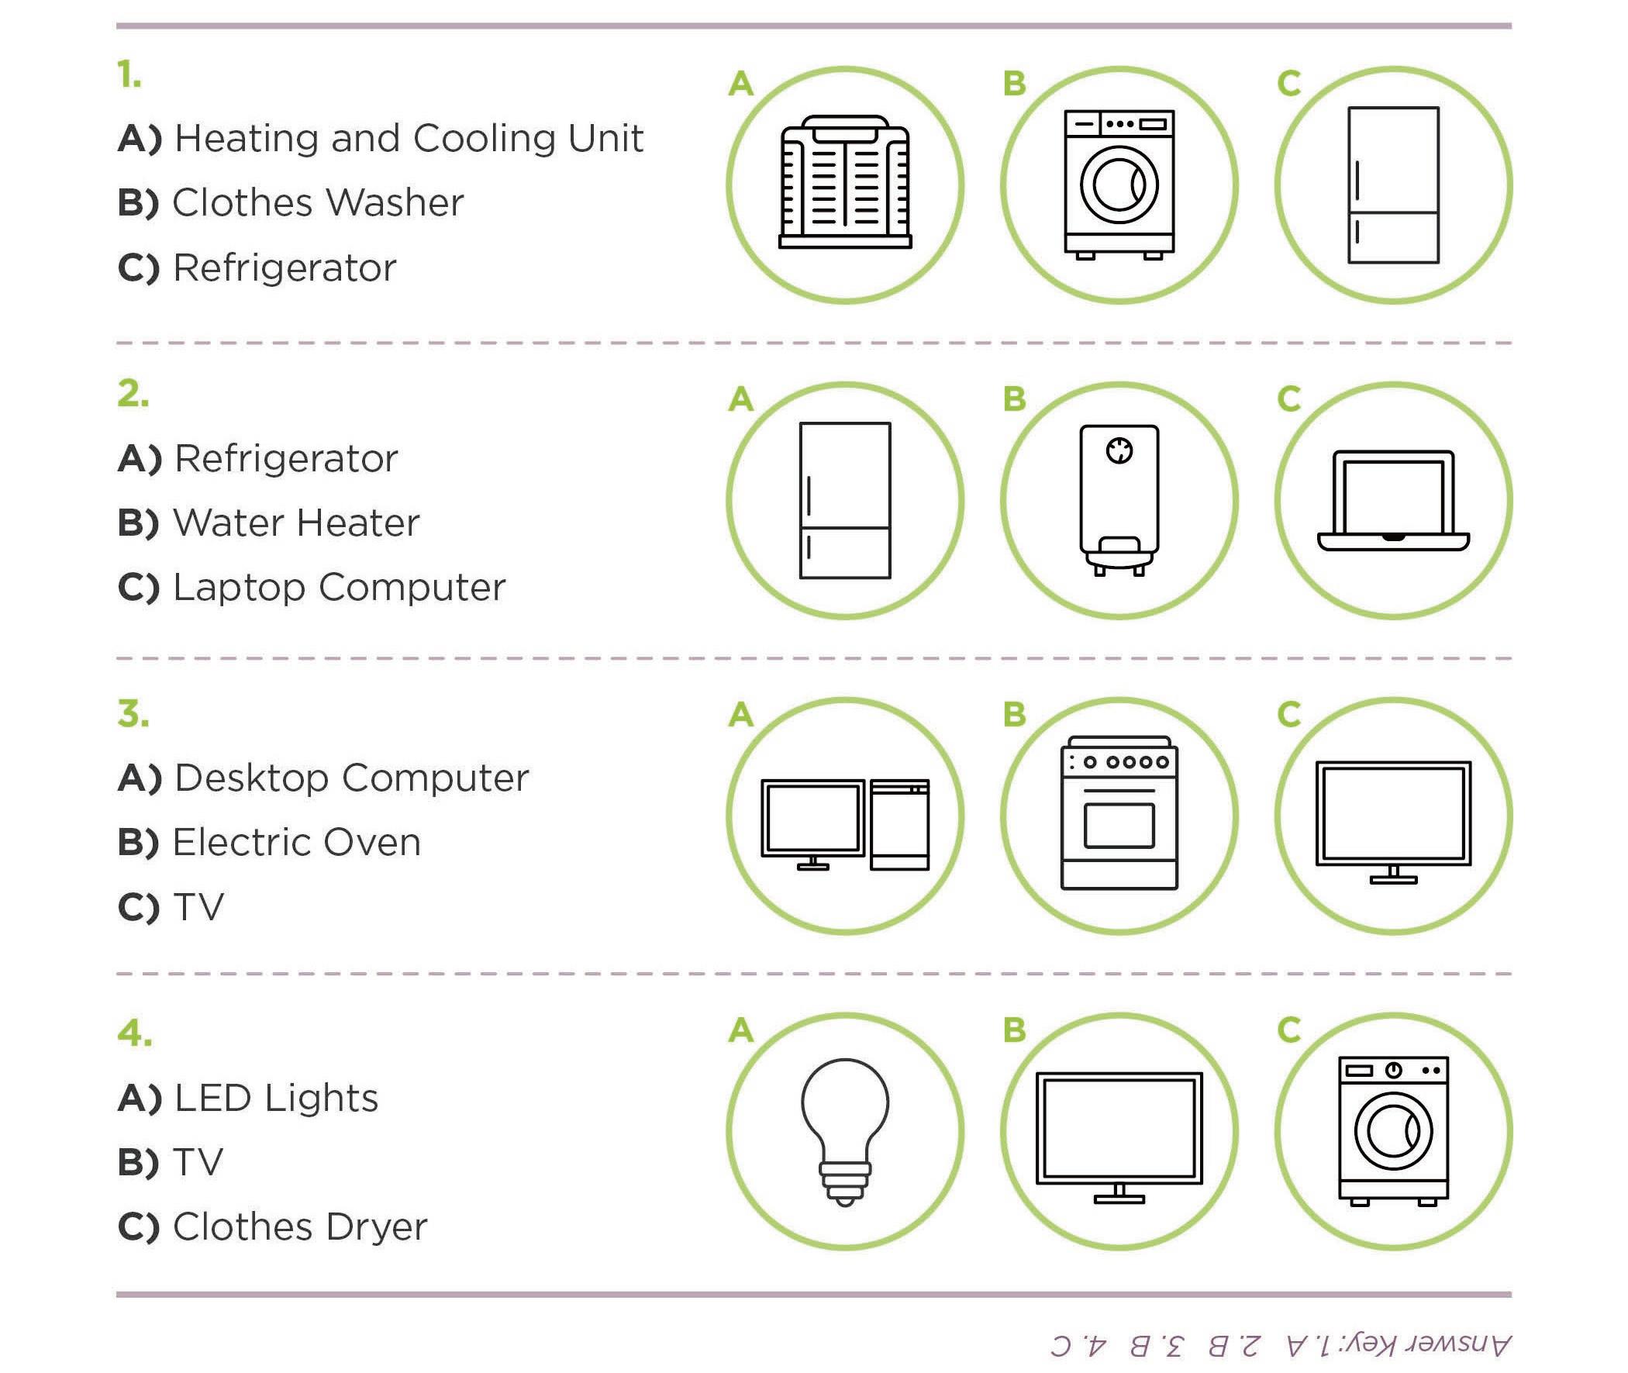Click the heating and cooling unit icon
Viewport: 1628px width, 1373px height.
pos(845,182)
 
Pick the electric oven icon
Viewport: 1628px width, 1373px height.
pos(1119,812)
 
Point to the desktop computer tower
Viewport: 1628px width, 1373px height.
pos(899,824)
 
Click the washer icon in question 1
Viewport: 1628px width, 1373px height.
pos(1119,184)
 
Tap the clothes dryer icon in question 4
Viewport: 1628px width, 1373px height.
pos(1393,1130)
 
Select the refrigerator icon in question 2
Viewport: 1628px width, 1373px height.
pos(845,501)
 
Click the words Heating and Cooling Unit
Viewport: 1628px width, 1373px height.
pos(409,139)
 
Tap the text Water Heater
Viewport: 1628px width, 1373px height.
pos(295,523)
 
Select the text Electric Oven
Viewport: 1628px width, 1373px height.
pos(296,842)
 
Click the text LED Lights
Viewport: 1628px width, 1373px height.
pos(276,1099)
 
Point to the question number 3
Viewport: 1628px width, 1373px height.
pos(133,714)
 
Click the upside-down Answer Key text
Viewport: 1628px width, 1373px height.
pos(1281,1344)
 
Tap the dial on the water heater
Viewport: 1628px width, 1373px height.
pos(1119,450)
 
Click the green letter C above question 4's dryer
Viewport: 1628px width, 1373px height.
pos(1288,1030)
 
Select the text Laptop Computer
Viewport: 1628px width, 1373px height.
pos(340,588)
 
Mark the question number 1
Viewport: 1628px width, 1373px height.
pos(129,75)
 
